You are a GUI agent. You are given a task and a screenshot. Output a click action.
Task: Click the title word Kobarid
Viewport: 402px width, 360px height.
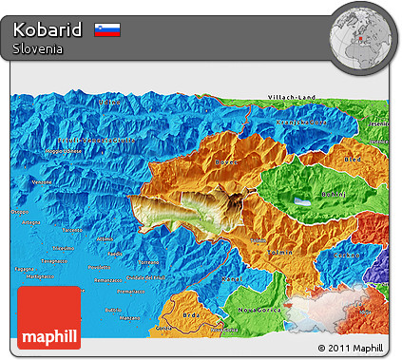pos(48,29)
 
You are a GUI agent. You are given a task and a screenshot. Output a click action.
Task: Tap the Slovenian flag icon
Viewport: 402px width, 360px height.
pos(107,30)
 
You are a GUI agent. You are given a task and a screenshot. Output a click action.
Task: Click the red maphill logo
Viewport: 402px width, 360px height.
pos(49,317)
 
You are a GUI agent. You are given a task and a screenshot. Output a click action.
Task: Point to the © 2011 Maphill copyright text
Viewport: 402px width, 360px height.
pos(350,349)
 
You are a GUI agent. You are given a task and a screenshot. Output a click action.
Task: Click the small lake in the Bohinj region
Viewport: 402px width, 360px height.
pos(302,201)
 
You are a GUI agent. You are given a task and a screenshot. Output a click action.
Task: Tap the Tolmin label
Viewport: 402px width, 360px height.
pos(279,252)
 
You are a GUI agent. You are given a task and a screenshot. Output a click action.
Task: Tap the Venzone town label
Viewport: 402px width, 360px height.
pos(40,181)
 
